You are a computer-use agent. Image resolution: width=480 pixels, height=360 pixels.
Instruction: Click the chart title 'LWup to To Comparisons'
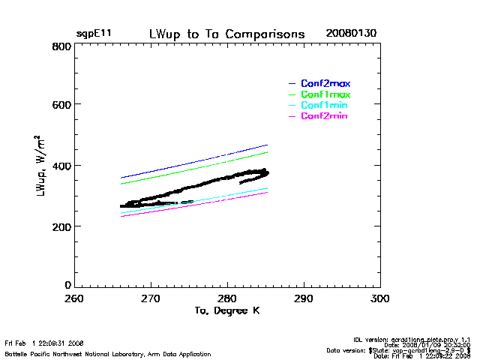(x=226, y=34)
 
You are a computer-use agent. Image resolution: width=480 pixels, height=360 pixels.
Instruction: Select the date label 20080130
(x=351, y=34)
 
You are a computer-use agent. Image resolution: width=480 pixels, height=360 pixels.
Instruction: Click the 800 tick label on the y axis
(x=61, y=46)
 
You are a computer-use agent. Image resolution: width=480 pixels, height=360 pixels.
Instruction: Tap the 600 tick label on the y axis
(x=61, y=105)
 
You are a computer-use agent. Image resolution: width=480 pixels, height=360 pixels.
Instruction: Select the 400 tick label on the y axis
(x=61, y=166)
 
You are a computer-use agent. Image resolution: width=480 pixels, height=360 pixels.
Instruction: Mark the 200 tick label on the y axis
(x=61, y=226)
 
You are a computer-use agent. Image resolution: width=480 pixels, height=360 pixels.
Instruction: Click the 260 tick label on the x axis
(x=74, y=298)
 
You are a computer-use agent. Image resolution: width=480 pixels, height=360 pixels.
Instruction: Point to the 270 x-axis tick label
(x=151, y=298)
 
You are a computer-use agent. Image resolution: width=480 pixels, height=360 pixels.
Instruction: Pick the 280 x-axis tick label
(x=227, y=298)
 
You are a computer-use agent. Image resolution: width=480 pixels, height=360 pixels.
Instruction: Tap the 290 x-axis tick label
(x=304, y=298)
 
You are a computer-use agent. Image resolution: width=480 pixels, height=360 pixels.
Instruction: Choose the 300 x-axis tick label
(x=380, y=298)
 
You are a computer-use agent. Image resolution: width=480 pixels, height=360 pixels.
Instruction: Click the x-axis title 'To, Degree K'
(x=227, y=310)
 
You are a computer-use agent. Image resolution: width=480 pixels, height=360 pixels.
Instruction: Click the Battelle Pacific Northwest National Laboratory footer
(x=108, y=354)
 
